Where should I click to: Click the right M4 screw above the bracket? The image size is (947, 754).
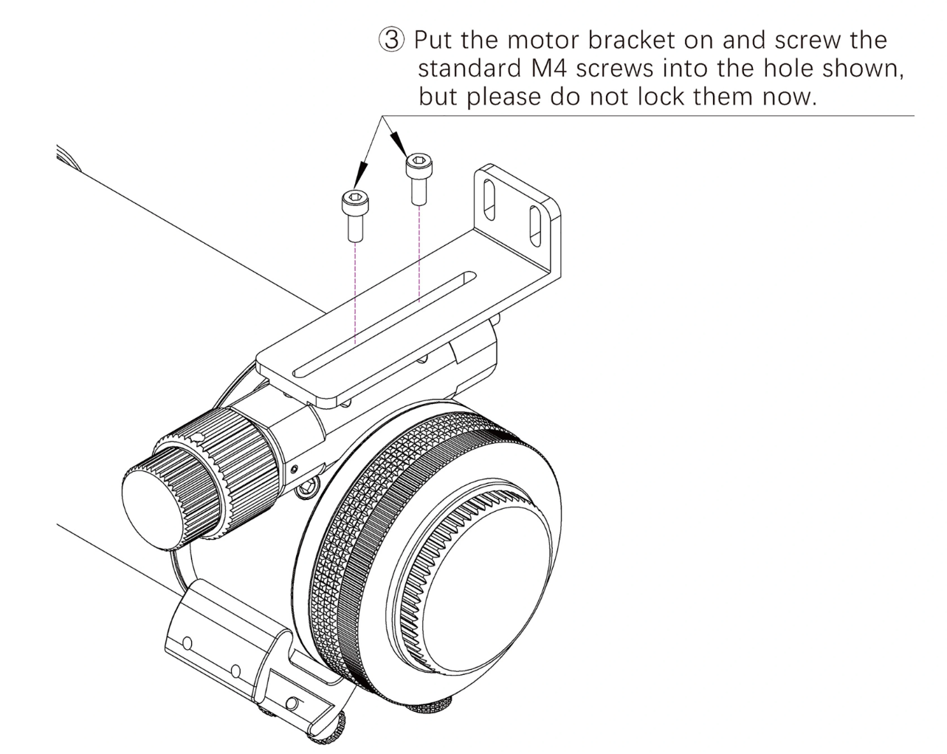point(418,178)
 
